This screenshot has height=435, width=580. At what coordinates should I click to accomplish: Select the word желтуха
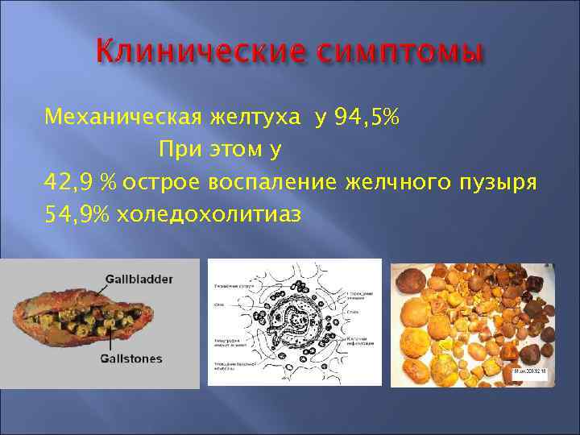click(250, 120)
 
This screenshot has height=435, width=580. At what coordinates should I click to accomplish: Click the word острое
click(164, 180)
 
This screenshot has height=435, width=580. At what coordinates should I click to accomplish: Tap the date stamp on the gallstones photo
click(529, 372)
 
